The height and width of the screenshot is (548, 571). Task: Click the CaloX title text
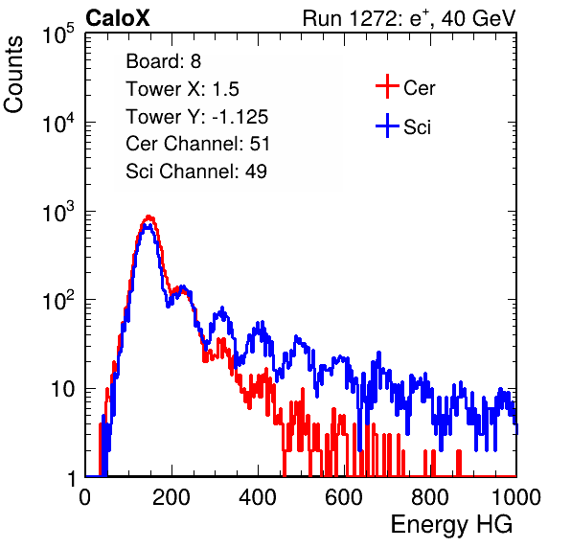tap(118, 18)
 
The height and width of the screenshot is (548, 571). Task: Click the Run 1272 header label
tap(409, 19)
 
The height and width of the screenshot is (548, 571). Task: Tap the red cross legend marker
tap(387, 86)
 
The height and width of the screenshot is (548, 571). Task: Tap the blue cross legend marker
tap(387, 126)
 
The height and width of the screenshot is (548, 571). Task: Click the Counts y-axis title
tap(13, 75)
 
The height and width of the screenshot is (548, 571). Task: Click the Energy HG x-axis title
tap(451, 525)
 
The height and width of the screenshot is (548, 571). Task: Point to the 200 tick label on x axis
tap(171, 497)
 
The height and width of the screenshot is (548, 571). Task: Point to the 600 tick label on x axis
tap(344, 497)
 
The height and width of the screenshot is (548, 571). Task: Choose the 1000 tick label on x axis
tap(516, 497)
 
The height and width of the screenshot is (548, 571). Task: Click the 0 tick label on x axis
tap(85, 497)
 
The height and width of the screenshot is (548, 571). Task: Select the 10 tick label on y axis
tap(63, 389)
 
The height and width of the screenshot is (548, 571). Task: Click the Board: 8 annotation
tap(163, 61)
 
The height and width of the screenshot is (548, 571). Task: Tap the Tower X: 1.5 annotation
tap(182, 89)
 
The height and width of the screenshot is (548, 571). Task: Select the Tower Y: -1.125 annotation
tap(196, 117)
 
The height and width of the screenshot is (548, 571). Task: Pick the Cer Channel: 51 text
tap(197, 144)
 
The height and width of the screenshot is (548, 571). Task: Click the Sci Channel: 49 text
tap(195, 171)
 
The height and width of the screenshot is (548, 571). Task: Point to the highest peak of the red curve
tap(148, 217)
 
